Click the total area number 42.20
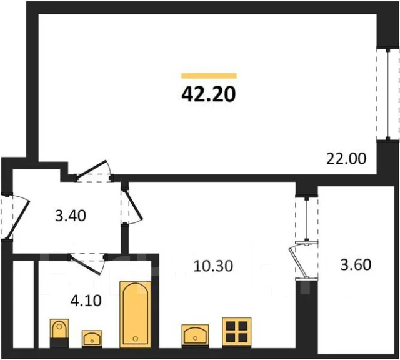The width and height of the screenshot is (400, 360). click(208, 94)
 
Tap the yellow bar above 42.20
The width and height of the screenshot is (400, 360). click(209, 76)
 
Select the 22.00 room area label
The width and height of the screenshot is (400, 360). click(346, 159)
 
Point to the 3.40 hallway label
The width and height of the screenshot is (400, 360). click(71, 216)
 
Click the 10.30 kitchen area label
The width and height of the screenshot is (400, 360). click(213, 266)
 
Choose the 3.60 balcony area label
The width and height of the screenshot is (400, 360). click(356, 264)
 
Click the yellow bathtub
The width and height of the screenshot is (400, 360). click(136, 314)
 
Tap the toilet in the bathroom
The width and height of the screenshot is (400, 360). click(59, 333)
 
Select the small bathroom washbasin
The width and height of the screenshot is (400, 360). click(92, 339)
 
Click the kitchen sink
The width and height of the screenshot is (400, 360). click(195, 335)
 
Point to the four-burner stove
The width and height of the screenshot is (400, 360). click(237, 332)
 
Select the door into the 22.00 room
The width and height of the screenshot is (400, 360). click(94, 171)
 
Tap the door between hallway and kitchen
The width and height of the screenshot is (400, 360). click(131, 207)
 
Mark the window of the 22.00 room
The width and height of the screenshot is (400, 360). click(387, 94)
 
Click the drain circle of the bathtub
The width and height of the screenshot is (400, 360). click(136, 339)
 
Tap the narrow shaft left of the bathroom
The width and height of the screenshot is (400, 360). click(23, 304)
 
